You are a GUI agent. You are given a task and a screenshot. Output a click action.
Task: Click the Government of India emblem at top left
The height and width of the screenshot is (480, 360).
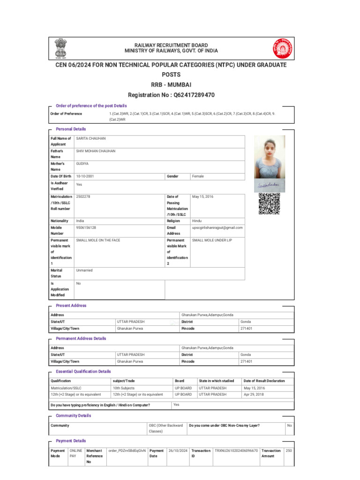point(60,47)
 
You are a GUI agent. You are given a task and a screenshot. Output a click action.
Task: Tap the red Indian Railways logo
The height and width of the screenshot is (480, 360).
point(282,48)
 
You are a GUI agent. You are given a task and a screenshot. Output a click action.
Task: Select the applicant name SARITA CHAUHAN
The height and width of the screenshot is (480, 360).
point(91,139)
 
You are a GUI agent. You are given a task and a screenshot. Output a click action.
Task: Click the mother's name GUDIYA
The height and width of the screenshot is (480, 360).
point(82,164)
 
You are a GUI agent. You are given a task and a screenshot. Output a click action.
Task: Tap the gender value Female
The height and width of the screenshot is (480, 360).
point(198,176)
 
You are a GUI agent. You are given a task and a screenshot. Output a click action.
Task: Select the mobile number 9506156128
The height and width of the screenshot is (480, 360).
point(86,228)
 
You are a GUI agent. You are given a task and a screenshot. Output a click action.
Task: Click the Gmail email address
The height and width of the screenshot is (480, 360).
point(217,228)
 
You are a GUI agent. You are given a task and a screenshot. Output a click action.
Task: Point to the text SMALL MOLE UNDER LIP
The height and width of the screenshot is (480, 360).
point(212,240)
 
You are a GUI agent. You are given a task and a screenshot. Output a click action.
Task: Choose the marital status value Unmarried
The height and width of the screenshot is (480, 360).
point(84,270)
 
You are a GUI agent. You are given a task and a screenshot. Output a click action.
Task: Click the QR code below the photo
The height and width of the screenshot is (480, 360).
point(269,204)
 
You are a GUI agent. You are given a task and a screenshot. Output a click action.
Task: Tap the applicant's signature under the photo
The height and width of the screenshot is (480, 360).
point(269,186)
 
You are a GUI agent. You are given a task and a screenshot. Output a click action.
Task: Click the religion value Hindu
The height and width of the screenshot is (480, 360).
point(197,220)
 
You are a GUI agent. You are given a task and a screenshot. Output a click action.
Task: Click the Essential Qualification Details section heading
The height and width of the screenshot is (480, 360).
point(83,371)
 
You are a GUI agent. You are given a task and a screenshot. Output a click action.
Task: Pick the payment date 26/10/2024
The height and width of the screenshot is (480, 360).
point(178,451)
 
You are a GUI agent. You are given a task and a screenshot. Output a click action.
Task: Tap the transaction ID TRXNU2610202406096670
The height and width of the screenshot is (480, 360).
point(236,451)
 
